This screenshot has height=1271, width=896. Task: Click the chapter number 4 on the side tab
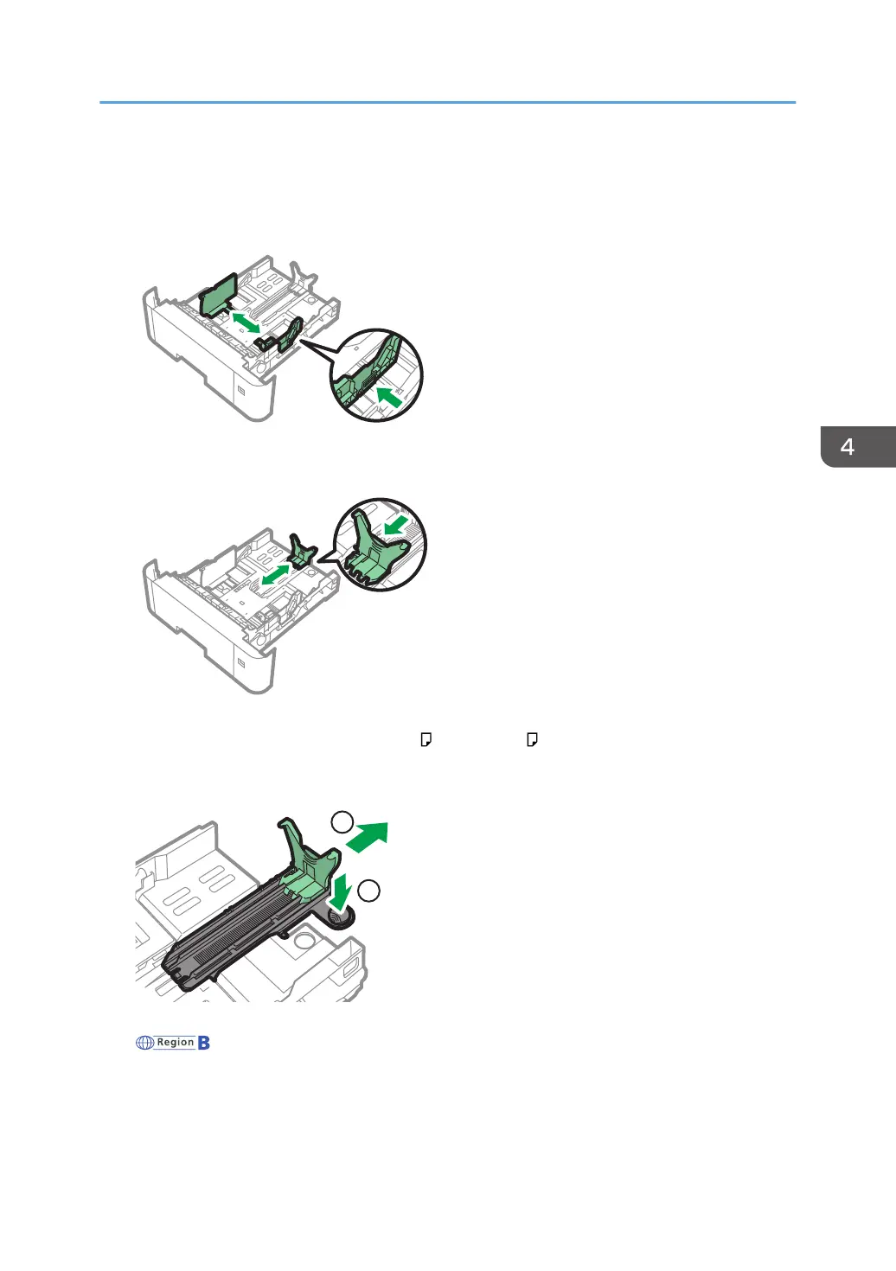(x=848, y=447)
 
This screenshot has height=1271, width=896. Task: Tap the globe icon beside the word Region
(x=144, y=1043)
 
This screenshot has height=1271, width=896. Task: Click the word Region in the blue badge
(x=176, y=1043)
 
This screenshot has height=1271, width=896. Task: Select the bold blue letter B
(x=204, y=1043)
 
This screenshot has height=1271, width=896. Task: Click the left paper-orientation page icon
(x=426, y=739)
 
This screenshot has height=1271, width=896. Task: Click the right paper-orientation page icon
(x=532, y=739)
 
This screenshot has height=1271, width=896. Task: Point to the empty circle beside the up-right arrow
(x=342, y=821)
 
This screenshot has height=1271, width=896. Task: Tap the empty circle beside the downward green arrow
(x=368, y=891)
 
